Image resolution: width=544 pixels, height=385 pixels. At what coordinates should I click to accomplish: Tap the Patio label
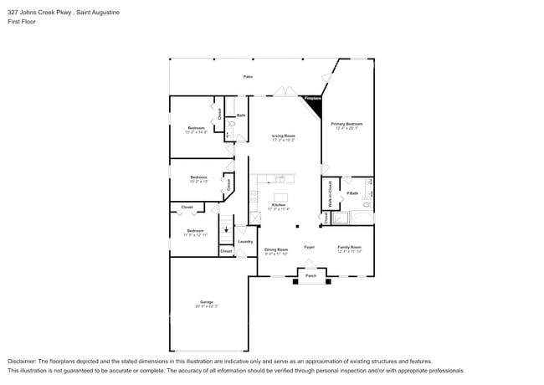(248, 76)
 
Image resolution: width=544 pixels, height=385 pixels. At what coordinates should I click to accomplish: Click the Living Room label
(284, 135)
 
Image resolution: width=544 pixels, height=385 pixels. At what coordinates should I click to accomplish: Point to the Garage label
(206, 302)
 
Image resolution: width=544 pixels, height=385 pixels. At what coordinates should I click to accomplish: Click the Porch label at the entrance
(310, 275)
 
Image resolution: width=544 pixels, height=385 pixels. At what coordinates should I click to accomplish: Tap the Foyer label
(309, 247)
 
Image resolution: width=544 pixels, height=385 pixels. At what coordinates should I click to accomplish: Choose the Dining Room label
(276, 249)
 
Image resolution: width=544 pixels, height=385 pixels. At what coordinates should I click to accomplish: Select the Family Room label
(349, 247)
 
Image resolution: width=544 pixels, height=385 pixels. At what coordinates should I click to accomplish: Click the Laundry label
(245, 241)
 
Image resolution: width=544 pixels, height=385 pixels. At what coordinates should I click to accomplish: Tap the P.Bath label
(353, 193)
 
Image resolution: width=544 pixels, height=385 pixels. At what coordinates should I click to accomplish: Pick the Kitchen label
(279, 205)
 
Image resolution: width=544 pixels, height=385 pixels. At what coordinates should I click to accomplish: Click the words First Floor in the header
(23, 22)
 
